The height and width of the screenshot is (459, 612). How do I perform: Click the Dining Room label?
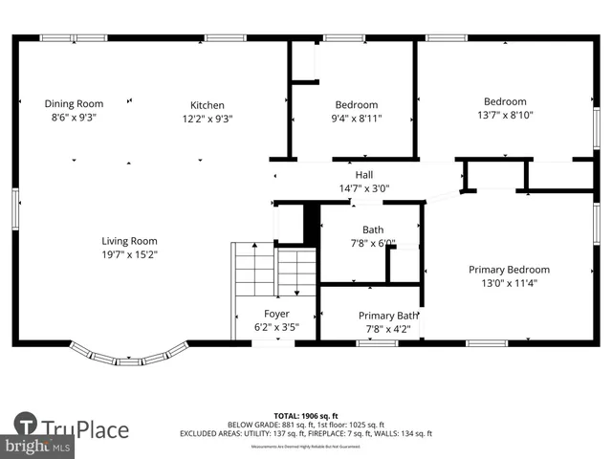coord(75,103)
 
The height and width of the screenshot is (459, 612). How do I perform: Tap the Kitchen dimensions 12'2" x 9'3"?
coord(208,120)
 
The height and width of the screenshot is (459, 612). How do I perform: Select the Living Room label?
coord(130,241)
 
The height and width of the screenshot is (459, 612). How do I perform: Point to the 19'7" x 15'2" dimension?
coord(130,254)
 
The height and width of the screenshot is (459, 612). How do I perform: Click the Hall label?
coord(364,175)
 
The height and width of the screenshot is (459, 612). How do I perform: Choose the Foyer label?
coord(276,313)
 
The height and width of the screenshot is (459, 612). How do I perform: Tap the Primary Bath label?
coord(388,316)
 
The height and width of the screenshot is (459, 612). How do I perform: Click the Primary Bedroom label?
coord(509,270)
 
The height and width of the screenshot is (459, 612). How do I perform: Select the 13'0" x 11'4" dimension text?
coord(509,283)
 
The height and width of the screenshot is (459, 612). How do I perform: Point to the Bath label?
coord(373,229)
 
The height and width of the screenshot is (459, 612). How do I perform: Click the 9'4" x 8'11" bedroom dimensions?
coord(356,120)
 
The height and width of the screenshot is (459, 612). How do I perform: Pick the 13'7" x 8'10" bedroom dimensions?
coord(505,116)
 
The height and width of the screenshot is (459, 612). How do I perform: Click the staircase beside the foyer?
coord(274,271)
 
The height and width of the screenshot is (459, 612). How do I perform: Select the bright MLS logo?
coord(38,446)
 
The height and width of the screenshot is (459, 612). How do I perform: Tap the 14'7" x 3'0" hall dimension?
coord(364,188)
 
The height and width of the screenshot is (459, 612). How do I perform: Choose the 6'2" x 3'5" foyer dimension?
coord(276,326)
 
